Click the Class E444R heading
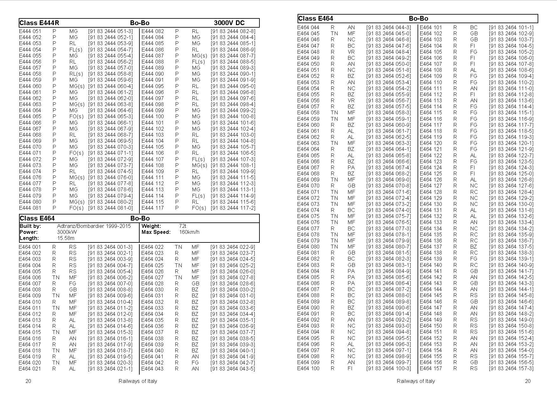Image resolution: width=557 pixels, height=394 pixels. [39, 23]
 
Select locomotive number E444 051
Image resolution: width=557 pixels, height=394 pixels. [30, 31]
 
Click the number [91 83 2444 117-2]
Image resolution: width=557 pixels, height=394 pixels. [233, 208]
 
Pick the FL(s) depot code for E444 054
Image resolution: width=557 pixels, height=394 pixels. [76, 50]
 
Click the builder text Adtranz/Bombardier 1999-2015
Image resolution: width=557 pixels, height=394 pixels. [94, 226]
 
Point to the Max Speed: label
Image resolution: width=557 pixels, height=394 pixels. [156, 232]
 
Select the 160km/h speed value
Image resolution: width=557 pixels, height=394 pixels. [189, 232]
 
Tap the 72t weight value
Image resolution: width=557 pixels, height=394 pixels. [183, 226]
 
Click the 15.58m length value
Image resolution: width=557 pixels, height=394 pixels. [66, 238]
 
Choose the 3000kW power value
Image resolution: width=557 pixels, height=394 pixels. [67, 232]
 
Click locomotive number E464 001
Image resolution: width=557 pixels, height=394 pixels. [30, 247]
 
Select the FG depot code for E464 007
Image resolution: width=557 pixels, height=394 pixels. [73, 283]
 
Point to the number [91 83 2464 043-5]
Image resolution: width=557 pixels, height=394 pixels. [232, 369]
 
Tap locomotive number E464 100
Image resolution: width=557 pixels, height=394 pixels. [308, 369]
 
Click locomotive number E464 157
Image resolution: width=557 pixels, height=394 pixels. [431, 369]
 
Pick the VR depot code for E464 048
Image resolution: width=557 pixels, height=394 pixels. [351, 52]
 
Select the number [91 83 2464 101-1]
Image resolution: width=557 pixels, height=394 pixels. [511, 27]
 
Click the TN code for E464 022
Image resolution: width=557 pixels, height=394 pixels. [178, 247]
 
